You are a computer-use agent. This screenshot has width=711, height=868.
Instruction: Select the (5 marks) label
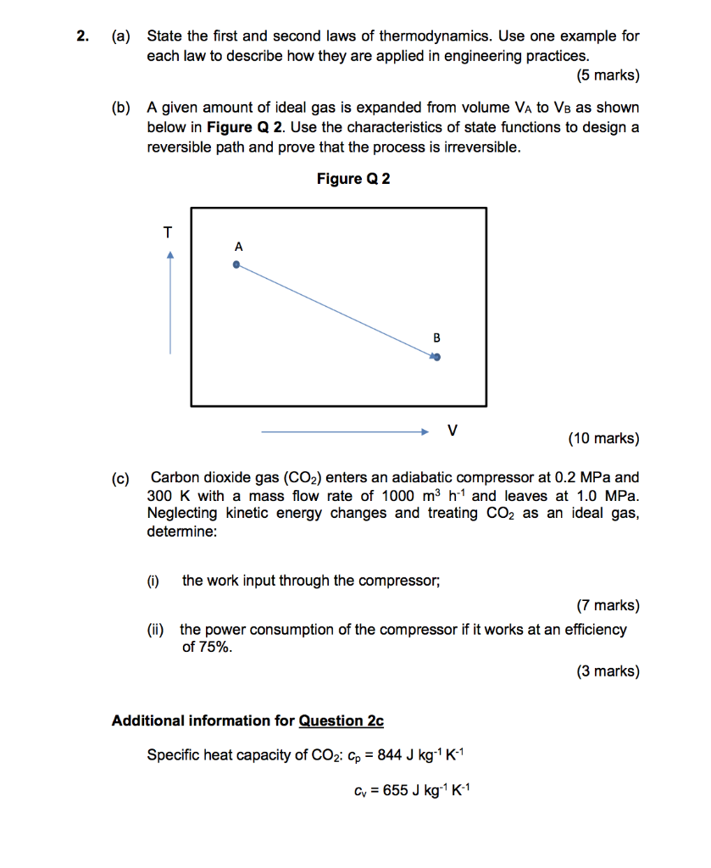coord(608,75)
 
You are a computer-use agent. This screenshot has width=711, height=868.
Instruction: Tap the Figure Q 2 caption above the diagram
coord(353,179)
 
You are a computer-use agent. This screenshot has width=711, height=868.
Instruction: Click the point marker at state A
coord(237,264)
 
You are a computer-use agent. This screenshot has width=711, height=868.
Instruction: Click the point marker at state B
coord(436,358)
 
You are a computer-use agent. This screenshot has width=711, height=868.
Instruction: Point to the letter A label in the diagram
coord(238,247)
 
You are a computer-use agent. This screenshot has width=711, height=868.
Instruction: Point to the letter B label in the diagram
coord(436,337)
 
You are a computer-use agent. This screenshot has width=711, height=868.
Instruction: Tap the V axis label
coord(453,431)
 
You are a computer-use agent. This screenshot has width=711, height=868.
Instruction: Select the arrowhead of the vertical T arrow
coord(170,253)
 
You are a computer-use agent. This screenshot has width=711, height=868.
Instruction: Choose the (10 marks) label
coord(603,438)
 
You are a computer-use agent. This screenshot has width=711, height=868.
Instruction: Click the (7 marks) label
coord(608,605)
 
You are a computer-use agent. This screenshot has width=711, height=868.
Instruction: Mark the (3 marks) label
coord(608,671)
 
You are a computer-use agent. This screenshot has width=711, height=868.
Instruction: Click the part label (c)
coord(122,478)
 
